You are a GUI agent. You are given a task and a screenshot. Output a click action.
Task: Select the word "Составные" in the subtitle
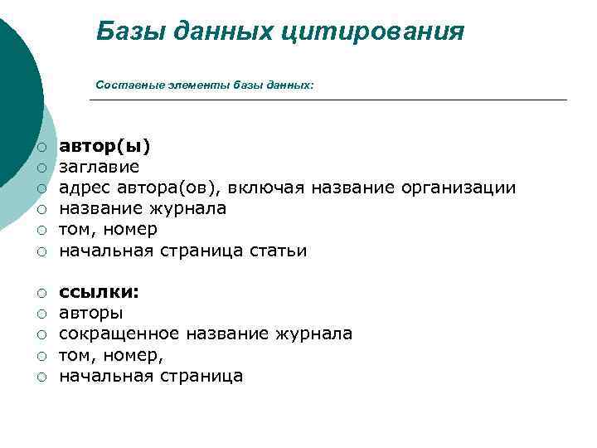pos(121,85)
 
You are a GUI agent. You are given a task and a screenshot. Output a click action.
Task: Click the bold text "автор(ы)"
pos(104,147)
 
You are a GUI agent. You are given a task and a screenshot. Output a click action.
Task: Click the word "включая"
pos(269,188)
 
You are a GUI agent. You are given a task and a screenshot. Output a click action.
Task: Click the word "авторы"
pos(91,314)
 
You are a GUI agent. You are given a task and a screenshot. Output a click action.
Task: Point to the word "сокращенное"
pos(119,334)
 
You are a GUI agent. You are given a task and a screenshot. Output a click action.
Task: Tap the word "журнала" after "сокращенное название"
pos(318,334)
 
